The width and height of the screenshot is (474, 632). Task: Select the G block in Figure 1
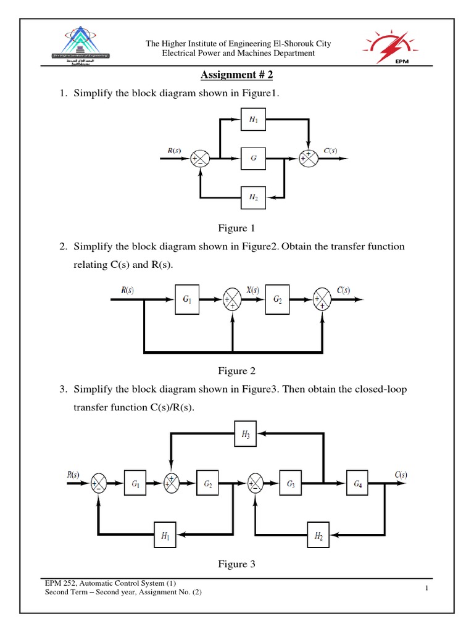[x=253, y=158]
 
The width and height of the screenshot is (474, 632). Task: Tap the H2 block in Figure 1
[x=253, y=197]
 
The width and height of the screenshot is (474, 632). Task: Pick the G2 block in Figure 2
[x=278, y=300]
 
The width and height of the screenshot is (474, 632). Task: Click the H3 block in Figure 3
[x=246, y=435]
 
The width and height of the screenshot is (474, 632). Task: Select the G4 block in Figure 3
[x=358, y=484]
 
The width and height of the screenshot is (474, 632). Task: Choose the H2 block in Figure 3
[x=319, y=534]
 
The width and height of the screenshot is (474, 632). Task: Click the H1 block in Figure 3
[x=166, y=534]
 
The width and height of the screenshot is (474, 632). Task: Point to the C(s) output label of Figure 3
[x=401, y=475]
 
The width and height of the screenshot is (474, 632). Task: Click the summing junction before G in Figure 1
[x=199, y=159]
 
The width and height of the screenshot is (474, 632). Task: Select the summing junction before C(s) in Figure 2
[x=322, y=301]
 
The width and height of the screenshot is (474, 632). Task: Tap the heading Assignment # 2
[x=236, y=75]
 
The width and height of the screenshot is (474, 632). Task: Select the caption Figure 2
[x=236, y=371]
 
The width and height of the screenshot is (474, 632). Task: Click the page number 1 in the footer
[x=426, y=588]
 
